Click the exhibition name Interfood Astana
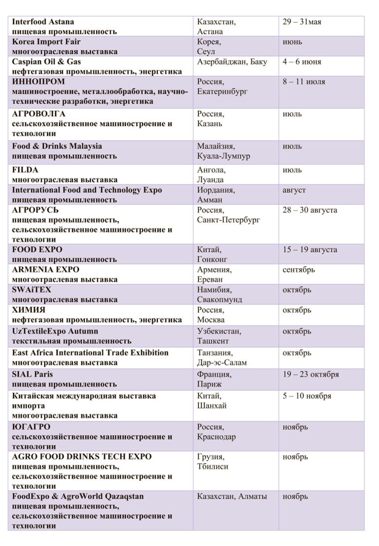click(x=43, y=22)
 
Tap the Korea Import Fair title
click(x=46, y=42)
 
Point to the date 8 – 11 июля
click(x=304, y=82)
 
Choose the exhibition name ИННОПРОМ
click(x=38, y=82)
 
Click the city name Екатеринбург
click(x=222, y=91)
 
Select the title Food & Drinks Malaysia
click(x=57, y=146)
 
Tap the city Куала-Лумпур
click(x=224, y=156)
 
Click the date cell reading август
click(x=294, y=190)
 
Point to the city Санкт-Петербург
click(x=228, y=220)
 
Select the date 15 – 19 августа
click(x=310, y=250)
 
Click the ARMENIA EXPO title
click(x=45, y=270)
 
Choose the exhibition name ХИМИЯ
click(x=29, y=310)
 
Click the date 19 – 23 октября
click(x=311, y=374)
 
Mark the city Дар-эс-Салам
click(x=222, y=363)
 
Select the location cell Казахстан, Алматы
click(x=232, y=496)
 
